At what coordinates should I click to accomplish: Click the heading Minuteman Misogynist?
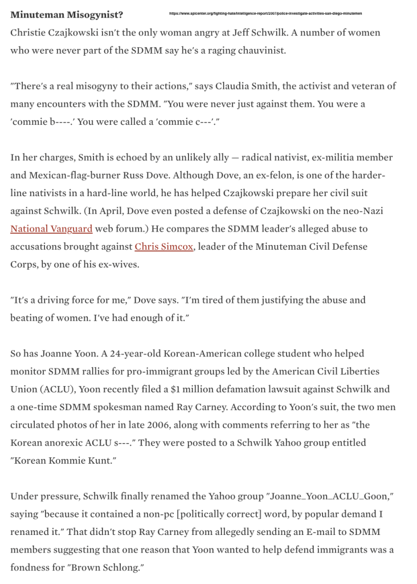point(66,14)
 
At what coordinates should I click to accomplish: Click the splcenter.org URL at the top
point(265,13)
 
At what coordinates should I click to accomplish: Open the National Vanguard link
point(51,229)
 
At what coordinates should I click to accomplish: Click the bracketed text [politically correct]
point(220,514)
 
